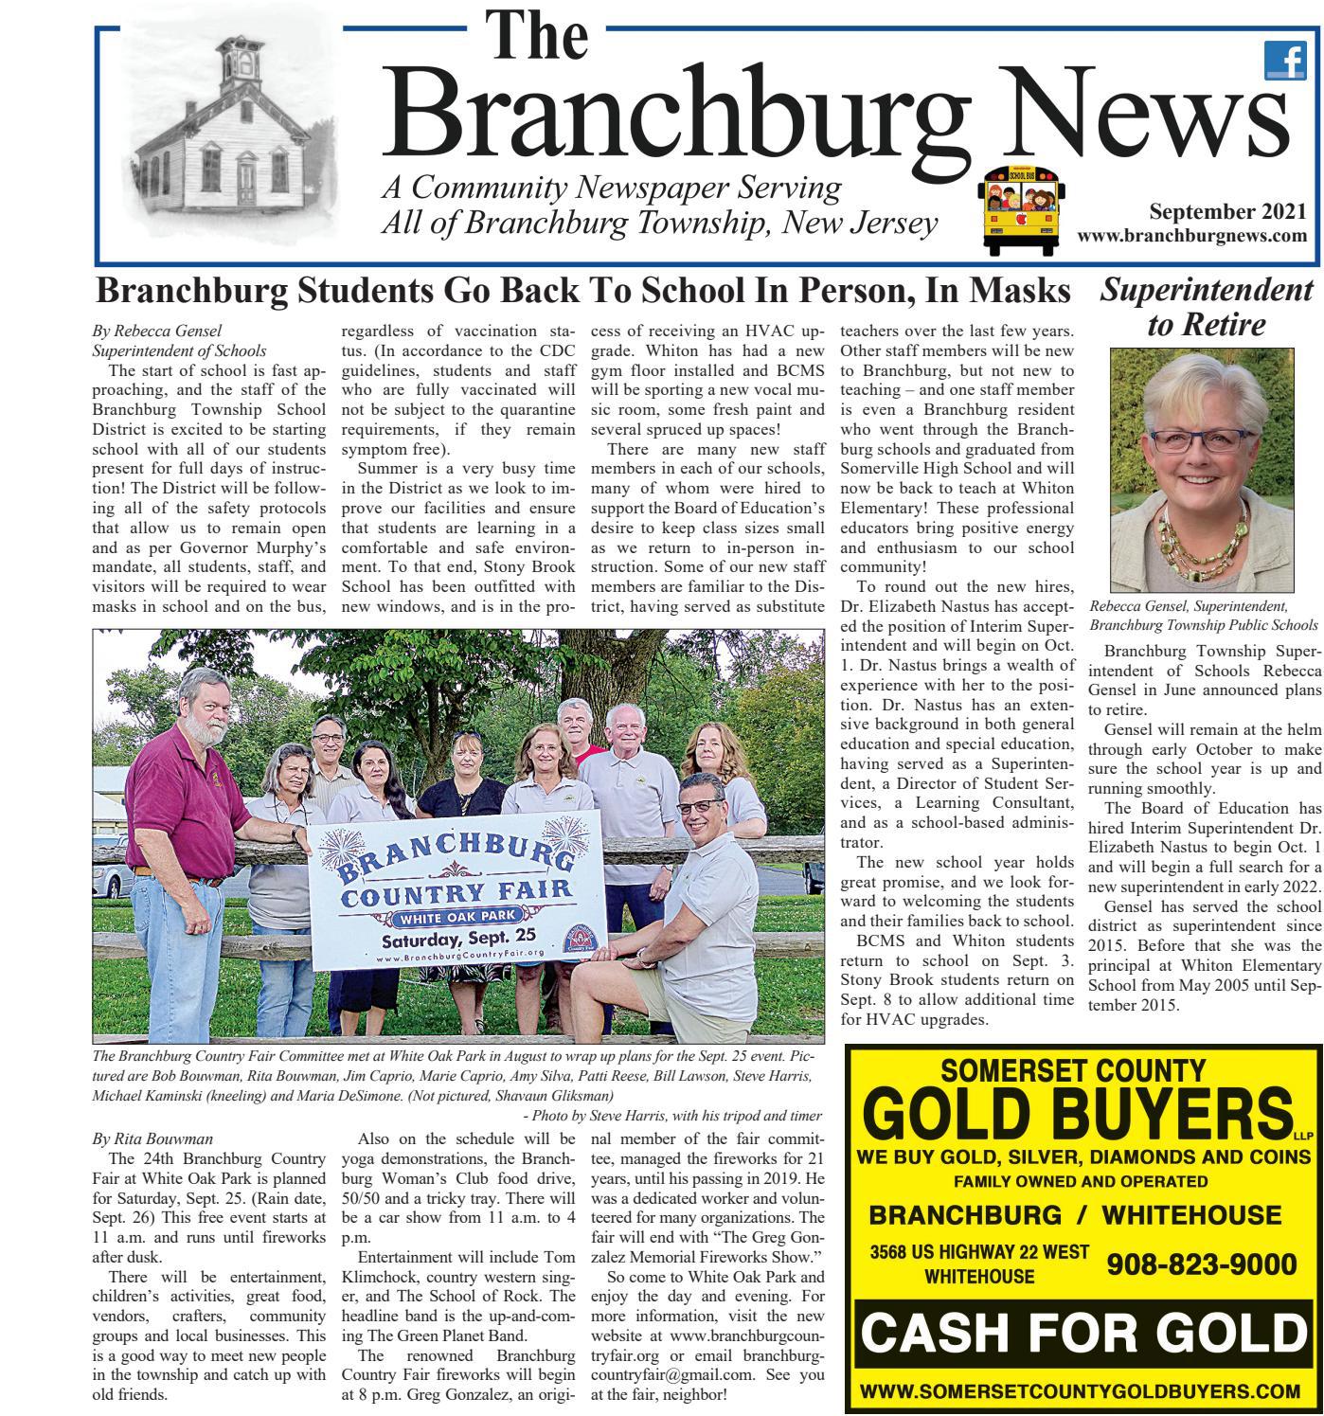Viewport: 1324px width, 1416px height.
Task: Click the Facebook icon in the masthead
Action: pos(1284,63)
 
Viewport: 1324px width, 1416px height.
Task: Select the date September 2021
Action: pos(1227,212)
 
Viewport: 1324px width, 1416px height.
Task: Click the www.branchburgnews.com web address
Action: pos(1192,236)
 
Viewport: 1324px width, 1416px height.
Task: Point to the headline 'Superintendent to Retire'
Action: pos(1207,307)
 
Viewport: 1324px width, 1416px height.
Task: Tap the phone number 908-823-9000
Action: pos(1201,1264)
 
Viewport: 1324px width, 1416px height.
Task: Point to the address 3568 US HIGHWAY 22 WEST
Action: pos(979,1252)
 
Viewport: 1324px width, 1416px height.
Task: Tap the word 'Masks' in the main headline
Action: pos(1017,291)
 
